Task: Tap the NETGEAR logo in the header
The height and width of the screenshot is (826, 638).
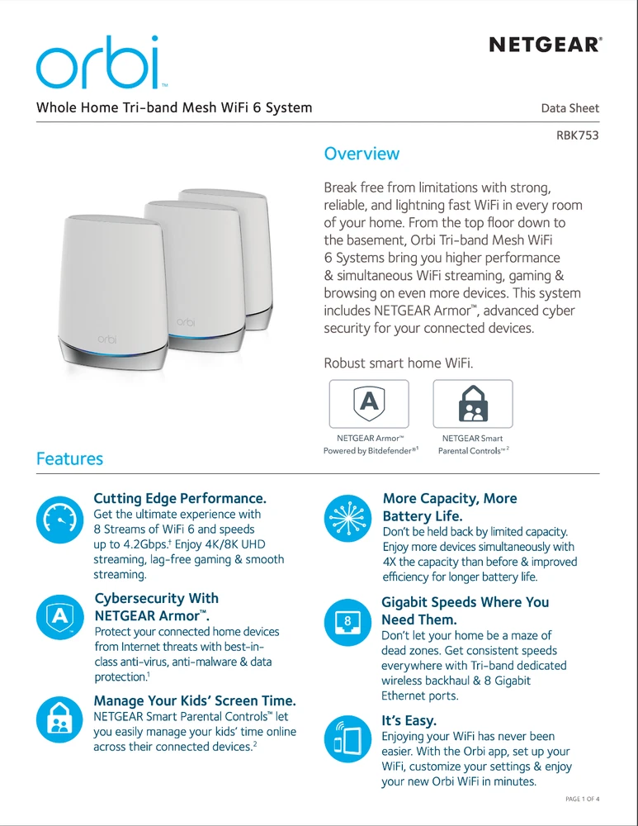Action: [x=545, y=44]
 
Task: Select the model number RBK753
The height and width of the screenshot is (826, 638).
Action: [x=578, y=135]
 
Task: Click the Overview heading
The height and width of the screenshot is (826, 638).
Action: [x=362, y=154]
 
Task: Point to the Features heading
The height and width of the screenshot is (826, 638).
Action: [x=69, y=458]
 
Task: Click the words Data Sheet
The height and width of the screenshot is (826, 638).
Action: [x=569, y=108]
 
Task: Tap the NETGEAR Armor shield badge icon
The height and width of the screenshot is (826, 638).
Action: [x=369, y=403]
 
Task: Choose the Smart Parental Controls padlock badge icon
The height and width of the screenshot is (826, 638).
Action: [x=473, y=403]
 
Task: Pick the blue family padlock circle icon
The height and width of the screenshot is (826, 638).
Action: [x=58, y=715]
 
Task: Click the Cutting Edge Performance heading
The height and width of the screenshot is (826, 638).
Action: [x=180, y=498]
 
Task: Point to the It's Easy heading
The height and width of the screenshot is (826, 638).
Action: [x=409, y=720]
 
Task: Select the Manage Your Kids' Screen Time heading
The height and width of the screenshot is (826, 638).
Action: [x=195, y=701]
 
